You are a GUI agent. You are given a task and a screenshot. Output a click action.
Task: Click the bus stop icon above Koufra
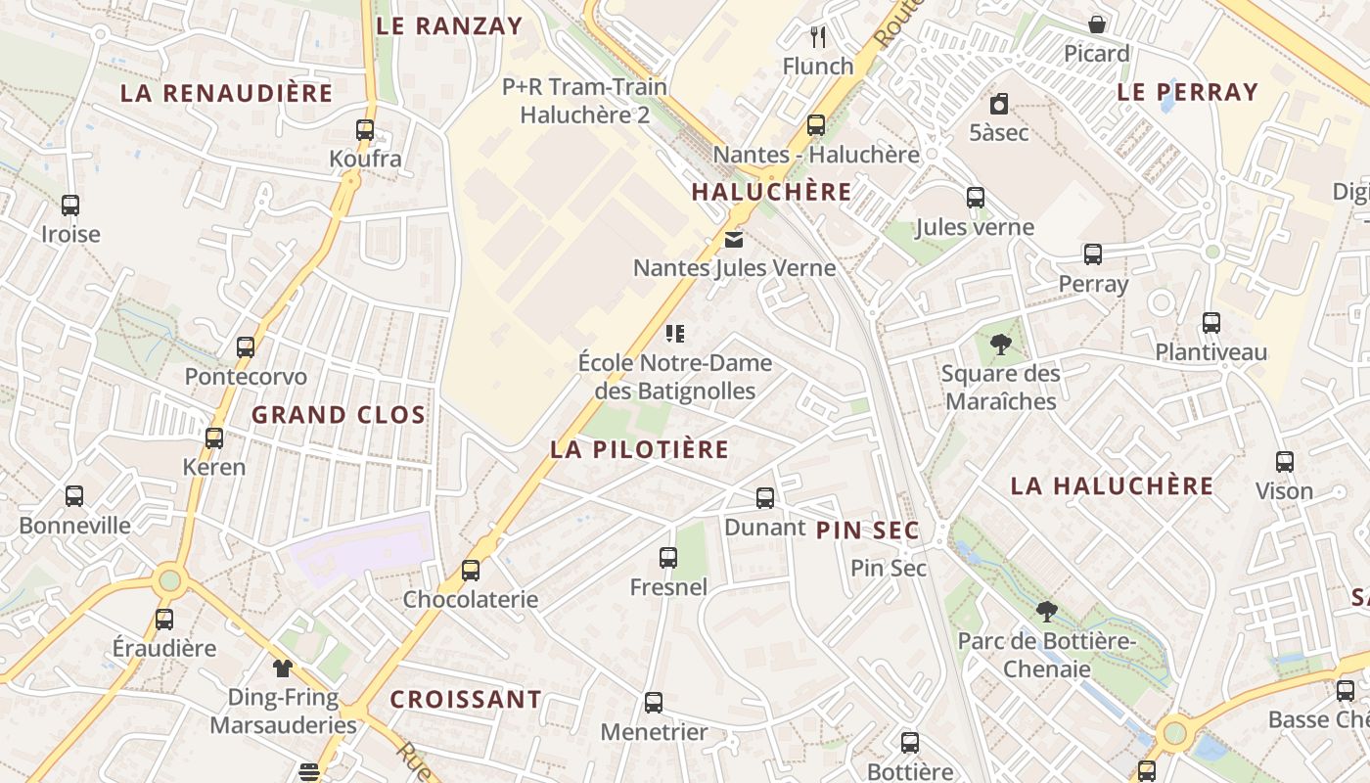click(x=365, y=129)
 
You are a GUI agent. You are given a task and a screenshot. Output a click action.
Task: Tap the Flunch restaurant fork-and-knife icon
click(x=818, y=37)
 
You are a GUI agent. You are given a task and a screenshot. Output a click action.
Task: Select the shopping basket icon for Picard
click(x=1097, y=24)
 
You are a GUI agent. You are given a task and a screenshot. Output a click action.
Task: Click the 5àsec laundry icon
click(x=998, y=104)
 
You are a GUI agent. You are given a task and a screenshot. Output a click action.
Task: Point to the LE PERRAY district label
click(x=1187, y=92)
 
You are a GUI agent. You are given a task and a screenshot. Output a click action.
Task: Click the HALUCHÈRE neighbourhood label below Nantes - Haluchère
click(x=771, y=192)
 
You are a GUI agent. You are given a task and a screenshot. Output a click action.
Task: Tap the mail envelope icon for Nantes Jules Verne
click(x=733, y=239)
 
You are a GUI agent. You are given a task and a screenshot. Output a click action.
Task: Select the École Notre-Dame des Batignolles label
click(x=675, y=377)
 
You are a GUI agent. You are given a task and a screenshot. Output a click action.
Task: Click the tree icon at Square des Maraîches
click(x=999, y=345)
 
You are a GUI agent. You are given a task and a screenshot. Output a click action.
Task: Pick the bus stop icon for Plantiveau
click(x=1210, y=323)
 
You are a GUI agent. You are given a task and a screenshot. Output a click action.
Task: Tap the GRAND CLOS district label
click(x=339, y=415)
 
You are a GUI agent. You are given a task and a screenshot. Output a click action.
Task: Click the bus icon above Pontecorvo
click(x=246, y=347)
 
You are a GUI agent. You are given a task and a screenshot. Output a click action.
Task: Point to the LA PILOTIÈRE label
click(x=639, y=449)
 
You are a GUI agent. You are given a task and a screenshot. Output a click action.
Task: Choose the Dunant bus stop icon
click(x=765, y=498)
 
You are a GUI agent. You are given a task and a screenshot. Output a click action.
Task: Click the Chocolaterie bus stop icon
click(x=471, y=570)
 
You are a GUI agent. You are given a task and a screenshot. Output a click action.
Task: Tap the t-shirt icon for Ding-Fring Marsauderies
click(x=283, y=668)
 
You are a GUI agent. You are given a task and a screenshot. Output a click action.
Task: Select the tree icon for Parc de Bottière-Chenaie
click(x=1046, y=613)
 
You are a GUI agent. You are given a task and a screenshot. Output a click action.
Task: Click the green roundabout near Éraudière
click(x=170, y=579)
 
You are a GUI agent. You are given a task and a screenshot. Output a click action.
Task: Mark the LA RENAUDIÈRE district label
click(x=226, y=94)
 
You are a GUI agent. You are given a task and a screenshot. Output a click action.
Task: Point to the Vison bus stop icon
click(x=1284, y=462)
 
